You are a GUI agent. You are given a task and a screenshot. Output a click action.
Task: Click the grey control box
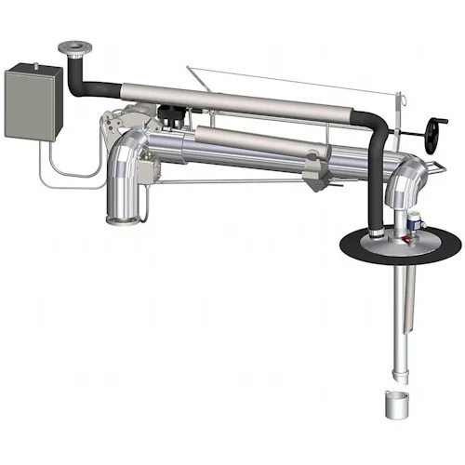[33, 100]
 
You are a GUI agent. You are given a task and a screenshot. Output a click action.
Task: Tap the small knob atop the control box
[35, 64]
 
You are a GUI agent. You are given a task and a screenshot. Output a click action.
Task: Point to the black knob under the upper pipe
[171, 117]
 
